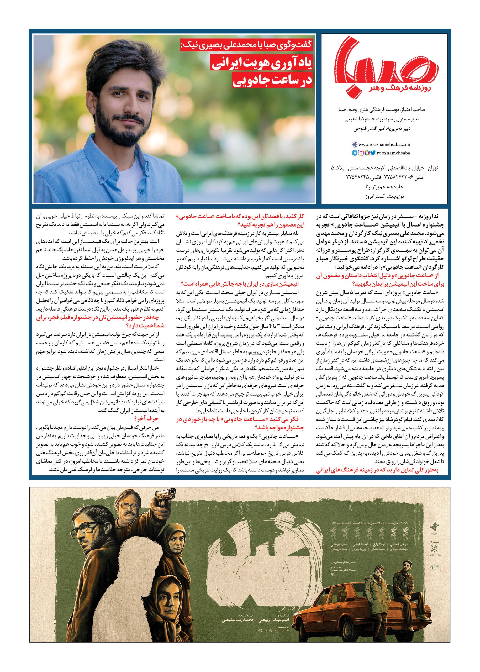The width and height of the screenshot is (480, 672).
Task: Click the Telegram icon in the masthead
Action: coord(354,153)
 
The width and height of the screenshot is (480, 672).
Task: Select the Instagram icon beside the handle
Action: coord(361,153)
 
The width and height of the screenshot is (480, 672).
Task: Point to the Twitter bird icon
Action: coord(373,153)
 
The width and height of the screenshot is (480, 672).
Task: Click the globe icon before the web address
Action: coord(354,145)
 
